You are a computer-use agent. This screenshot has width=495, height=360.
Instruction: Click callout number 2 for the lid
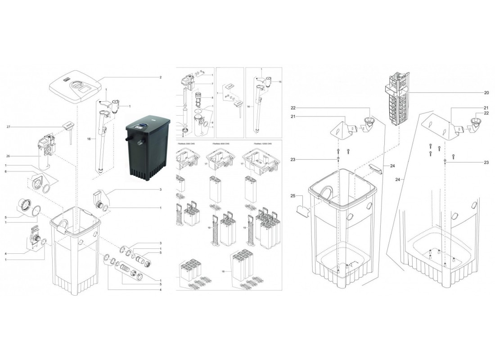(160, 77)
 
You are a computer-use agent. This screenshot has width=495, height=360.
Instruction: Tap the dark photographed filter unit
(148, 146)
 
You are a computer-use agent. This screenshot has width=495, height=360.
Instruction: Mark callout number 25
(292, 196)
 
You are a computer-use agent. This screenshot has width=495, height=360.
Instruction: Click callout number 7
(211, 84)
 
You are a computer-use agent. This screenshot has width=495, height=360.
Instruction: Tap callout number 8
(211, 97)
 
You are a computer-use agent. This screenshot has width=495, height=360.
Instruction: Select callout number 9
(211, 122)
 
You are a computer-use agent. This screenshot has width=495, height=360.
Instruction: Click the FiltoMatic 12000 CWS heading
(252, 142)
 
